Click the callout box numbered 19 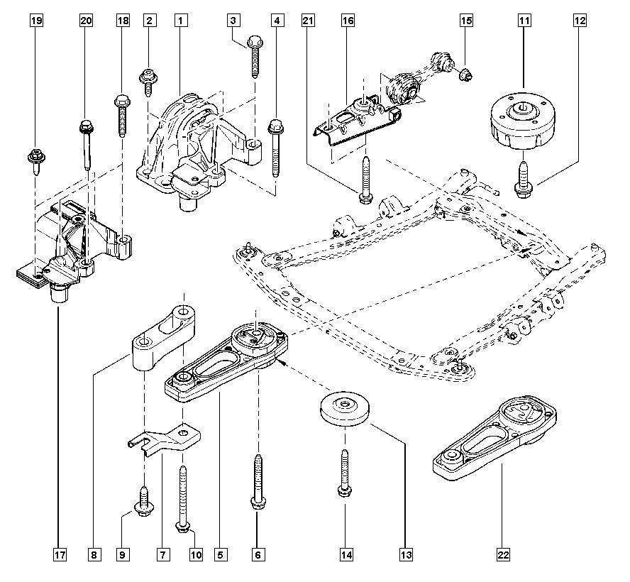36,21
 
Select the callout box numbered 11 524,21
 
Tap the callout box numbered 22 501,552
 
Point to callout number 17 60,552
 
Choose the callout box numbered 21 307,21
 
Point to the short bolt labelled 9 143,500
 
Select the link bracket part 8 161,338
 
